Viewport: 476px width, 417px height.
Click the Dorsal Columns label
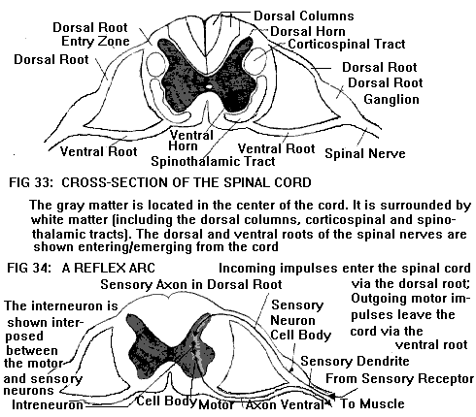point(304,16)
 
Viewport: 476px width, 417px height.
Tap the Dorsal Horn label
point(308,31)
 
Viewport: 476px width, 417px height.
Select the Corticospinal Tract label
point(347,44)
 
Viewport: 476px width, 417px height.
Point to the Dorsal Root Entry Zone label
point(91,34)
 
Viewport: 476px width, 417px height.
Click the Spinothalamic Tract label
point(213,161)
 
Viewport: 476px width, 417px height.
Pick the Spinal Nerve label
point(365,153)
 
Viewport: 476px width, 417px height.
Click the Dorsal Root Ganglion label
point(386,91)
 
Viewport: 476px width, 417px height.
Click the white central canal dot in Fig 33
point(209,86)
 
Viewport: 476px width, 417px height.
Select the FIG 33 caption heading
point(160,182)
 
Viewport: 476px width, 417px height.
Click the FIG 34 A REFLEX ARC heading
point(81,268)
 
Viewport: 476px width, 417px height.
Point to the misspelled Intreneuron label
point(48,404)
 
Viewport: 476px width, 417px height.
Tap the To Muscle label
point(372,403)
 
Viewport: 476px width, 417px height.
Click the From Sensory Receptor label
point(399,378)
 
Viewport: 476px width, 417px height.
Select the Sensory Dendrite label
point(355,361)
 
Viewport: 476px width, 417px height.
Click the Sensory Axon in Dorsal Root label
point(191,284)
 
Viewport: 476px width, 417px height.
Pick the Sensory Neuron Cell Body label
point(300,320)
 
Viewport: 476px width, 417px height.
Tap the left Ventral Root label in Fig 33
point(99,151)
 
